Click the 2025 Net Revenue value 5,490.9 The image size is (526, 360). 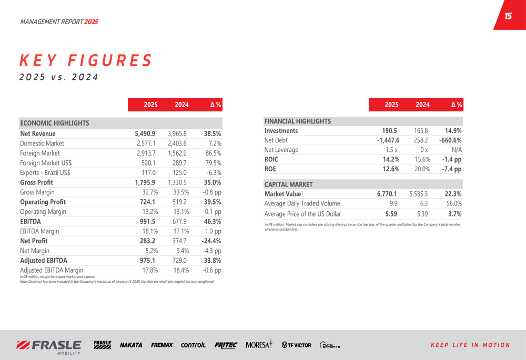145,133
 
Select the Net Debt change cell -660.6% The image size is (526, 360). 450,140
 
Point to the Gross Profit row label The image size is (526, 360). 36,182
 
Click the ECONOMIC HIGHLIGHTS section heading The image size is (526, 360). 54,124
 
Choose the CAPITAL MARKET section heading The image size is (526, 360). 288,184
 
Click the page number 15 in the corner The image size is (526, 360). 508,16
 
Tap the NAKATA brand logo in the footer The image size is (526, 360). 131,345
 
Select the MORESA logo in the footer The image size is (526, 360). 259,345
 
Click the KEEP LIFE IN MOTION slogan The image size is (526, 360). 470,345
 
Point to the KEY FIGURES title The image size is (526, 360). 86,60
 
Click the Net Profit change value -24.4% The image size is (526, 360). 211,241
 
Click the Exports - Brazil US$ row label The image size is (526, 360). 45,172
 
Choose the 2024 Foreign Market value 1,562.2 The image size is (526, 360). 177,153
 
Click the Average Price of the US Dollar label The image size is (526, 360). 302,214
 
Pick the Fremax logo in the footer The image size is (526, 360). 162,345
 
